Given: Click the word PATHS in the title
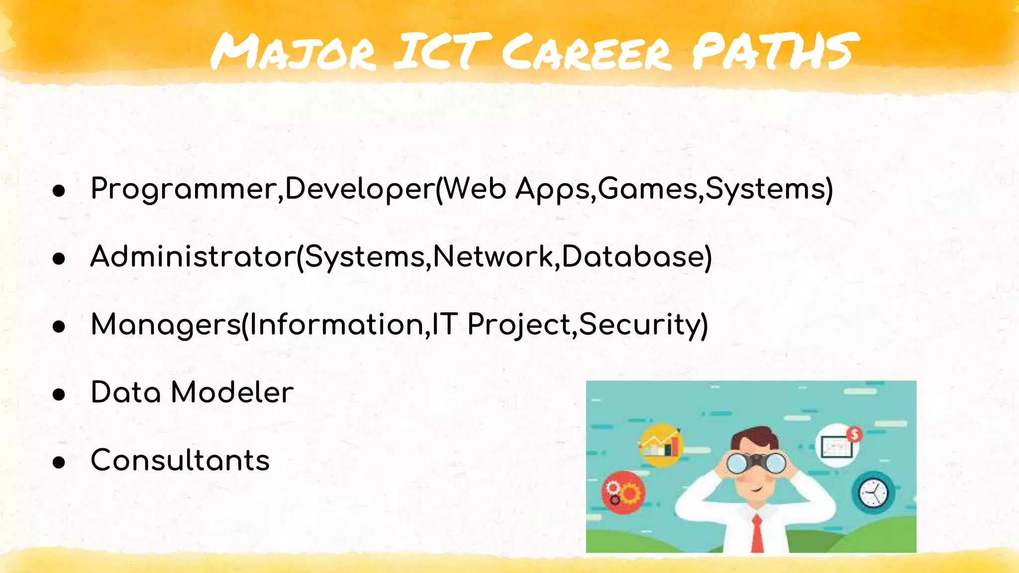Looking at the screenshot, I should click(775, 51).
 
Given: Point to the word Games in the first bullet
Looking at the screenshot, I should click(648, 189).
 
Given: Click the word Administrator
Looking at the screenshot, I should click(193, 257).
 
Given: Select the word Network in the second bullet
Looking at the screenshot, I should click(493, 257).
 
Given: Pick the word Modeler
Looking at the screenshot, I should click(232, 392).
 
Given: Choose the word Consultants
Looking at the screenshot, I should click(180, 460).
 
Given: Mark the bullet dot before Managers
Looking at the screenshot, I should click(59, 327).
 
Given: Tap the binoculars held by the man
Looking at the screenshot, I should click(756, 463).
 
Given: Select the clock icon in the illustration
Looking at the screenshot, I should click(873, 493).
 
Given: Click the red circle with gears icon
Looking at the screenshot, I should click(623, 492).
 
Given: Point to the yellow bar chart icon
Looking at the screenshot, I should click(661, 444).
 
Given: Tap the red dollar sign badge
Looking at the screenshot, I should click(854, 434).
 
